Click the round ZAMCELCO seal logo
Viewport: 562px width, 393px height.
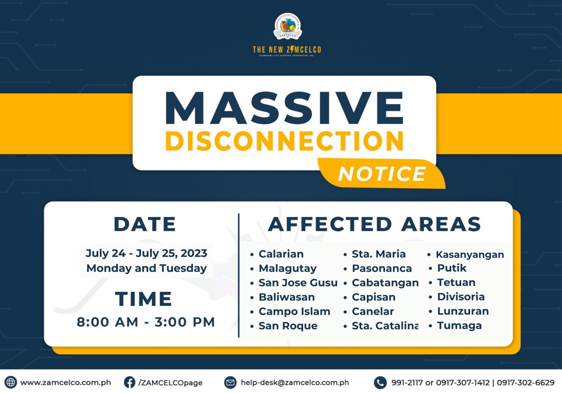287,27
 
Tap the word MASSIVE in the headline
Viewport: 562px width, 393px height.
284,108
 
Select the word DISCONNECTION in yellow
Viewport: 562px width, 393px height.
284,141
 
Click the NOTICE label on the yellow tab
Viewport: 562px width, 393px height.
381,173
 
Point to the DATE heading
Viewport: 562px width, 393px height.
145,224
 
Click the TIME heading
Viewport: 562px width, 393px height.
144,299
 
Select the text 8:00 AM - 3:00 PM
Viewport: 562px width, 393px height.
146,322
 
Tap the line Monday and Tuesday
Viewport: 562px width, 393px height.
146,268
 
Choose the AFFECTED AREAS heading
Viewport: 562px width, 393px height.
374,224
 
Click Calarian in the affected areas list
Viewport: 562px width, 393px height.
281,254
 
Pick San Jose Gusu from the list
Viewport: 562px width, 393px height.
298,283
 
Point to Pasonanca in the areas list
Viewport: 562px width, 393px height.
382,268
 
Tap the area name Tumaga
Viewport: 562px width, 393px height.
459,326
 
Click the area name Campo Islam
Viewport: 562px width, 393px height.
294,312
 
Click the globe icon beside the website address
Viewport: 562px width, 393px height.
11,382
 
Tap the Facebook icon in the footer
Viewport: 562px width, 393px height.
130,382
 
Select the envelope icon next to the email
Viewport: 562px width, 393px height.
230,382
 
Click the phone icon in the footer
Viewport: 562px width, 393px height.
380,382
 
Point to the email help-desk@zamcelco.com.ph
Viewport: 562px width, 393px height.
295,382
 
